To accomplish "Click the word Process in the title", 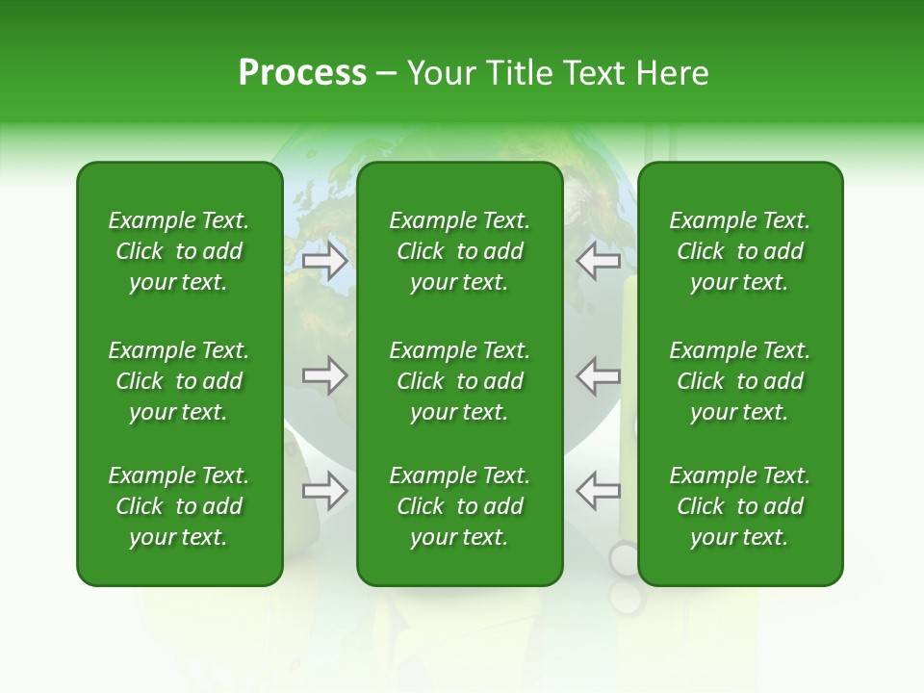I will [x=302, y=73].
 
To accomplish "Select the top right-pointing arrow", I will [x=324, y=261].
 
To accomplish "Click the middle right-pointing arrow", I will [x=324, y=375].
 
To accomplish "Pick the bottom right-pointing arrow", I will [x=324, y=491].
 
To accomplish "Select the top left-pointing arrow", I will [x=598, y=261].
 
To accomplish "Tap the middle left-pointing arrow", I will [x=598, y=375].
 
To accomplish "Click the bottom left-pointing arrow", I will [x=598, y=491].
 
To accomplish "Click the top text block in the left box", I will [x=179, y=251].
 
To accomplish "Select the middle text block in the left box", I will [x=179, y=381].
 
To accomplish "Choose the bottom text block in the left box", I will [x=179, y=506].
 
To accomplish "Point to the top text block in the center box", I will [x=459, y=251].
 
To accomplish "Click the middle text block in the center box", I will [x=459, y=381].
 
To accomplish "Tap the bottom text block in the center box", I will [x=459, y=506].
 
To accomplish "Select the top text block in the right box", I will [x=739, y=251].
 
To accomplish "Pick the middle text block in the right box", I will [x=739, y=381].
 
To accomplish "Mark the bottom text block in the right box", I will [x=739, y=506].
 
